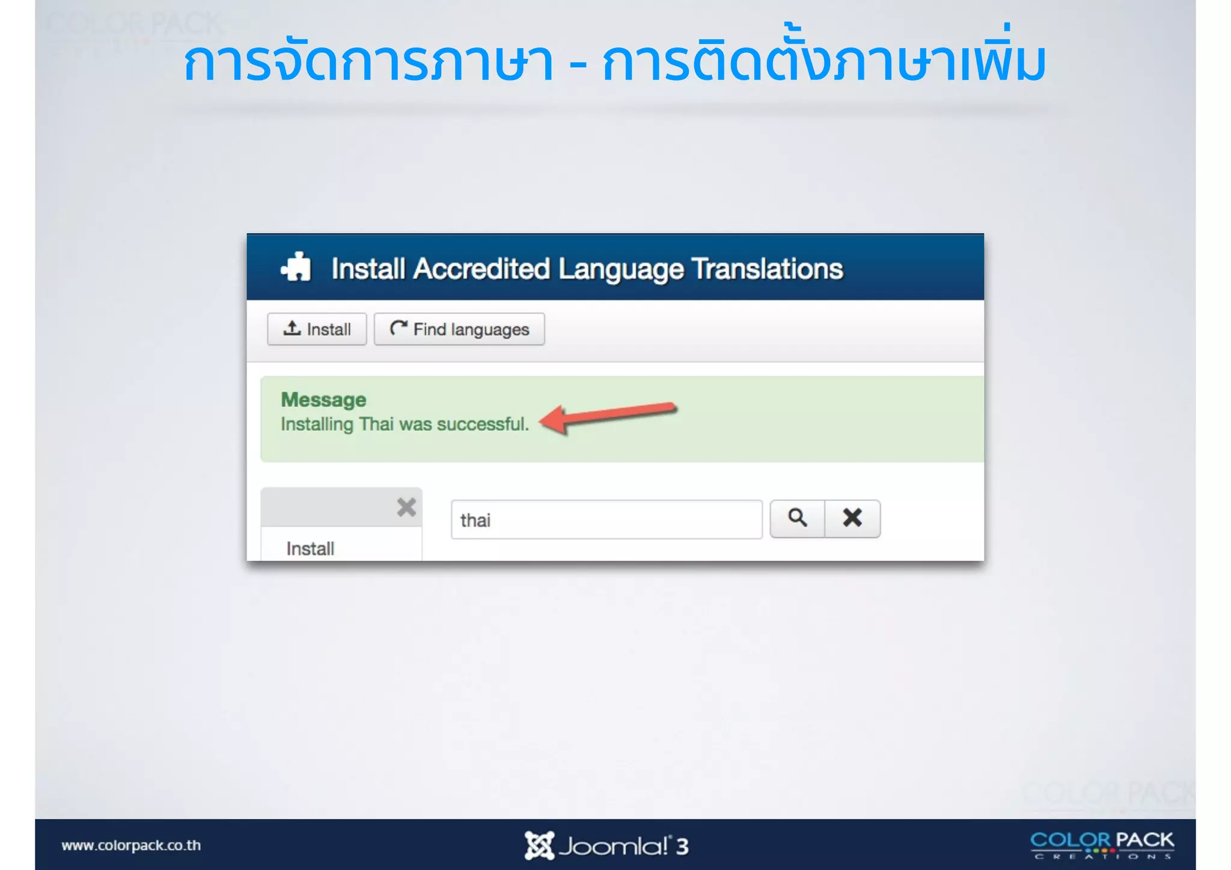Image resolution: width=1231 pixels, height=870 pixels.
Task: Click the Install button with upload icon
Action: click(317, 329)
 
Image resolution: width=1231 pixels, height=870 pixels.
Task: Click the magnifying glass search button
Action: click(797, 518)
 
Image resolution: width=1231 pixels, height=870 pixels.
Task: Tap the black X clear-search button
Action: click(852, 518)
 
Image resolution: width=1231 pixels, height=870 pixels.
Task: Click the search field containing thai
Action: click(606, 519)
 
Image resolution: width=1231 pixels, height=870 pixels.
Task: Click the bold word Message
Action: click(323, 400)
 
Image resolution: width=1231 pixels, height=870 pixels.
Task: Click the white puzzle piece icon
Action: click(296, 267)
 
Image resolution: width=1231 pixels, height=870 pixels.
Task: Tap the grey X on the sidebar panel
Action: click(406, 507)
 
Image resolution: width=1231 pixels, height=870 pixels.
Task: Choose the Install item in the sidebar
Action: click(310, 548)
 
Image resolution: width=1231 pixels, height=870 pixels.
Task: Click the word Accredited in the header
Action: click(481, 269)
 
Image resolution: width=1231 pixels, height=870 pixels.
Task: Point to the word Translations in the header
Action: click(767, 269)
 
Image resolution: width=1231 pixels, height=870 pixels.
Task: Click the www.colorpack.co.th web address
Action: click(131, 845)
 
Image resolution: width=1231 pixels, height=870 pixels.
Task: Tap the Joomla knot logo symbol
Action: click(539, 845)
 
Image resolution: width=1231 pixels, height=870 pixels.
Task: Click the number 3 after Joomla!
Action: click(682, 847)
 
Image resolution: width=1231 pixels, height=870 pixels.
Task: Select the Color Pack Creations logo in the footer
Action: click(1102, 845)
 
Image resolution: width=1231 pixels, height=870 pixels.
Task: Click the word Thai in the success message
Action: click(376, 424)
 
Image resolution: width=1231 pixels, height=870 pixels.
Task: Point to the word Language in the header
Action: click(621, 269)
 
